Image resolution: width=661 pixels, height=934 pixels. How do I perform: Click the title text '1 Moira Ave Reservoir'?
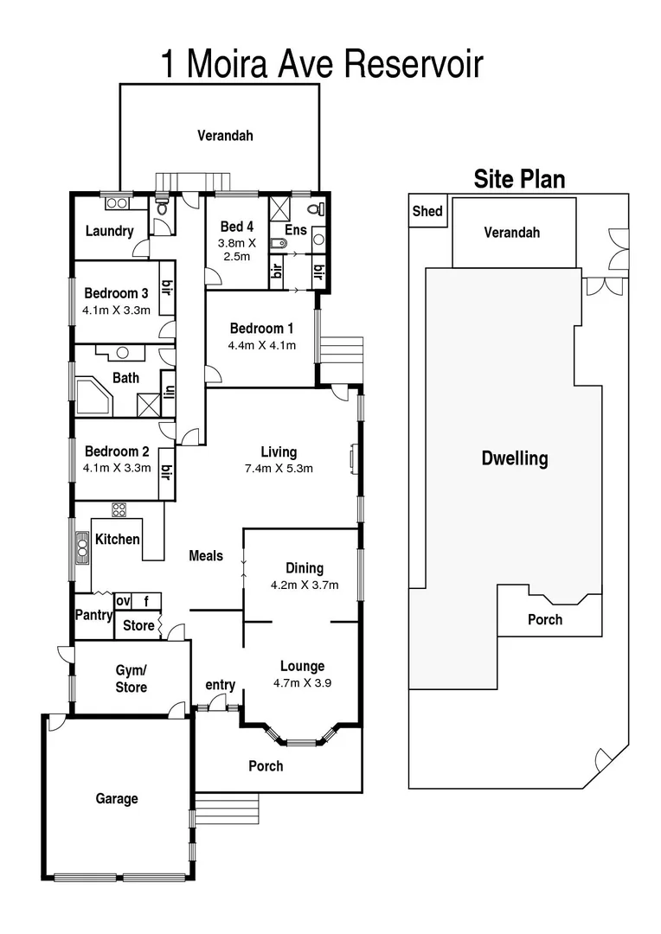click(322, 64)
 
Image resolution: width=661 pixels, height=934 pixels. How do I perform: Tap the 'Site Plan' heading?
click(519, 179)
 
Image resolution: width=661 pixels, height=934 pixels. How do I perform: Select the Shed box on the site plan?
click(427, 212)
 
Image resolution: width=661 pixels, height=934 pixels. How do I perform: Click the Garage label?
click(117, 799)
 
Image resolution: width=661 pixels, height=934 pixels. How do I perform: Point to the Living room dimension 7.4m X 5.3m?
click(279, 469)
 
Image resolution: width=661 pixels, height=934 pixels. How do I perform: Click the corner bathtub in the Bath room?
click(93, 395)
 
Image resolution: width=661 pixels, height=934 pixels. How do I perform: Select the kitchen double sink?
click(82, 547)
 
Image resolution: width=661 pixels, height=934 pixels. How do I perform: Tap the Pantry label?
click(93, 616)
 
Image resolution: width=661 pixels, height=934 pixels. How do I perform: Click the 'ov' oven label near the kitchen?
click(123, 601)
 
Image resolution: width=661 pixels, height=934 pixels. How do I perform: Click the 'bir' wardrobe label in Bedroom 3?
click(167, 289)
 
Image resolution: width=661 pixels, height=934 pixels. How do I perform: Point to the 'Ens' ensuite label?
click(295, 231)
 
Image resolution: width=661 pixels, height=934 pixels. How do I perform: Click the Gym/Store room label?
click(132, 679)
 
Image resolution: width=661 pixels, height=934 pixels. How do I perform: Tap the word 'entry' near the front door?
click(220, 685)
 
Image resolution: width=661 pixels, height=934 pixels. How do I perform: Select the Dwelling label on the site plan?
click(515, 458)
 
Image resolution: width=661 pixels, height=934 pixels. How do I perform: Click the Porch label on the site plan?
click(545, 619)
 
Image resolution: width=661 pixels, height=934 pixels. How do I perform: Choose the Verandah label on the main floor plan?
click(225, 135)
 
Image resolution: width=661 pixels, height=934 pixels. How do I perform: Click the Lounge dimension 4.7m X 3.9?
click(302, 682)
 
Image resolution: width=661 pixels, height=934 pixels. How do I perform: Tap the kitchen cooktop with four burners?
click(119, 509)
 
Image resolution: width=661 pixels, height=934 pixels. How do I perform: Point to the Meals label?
click(206, 556)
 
